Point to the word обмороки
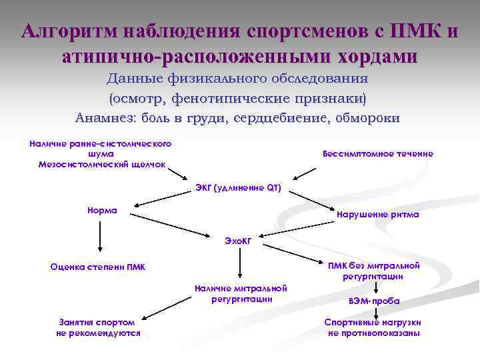point(364,118)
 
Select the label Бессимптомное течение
point(377,154)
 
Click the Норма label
point(102,210)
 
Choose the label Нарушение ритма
point(378,215)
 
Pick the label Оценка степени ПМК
point(98,267)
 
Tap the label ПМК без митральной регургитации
point(373,270)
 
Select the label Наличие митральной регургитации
point(241,293)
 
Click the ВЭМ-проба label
point(374,301)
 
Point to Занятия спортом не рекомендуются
point(98,327)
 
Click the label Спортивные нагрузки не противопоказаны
point(373,327)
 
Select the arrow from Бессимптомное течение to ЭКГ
point(305,171)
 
